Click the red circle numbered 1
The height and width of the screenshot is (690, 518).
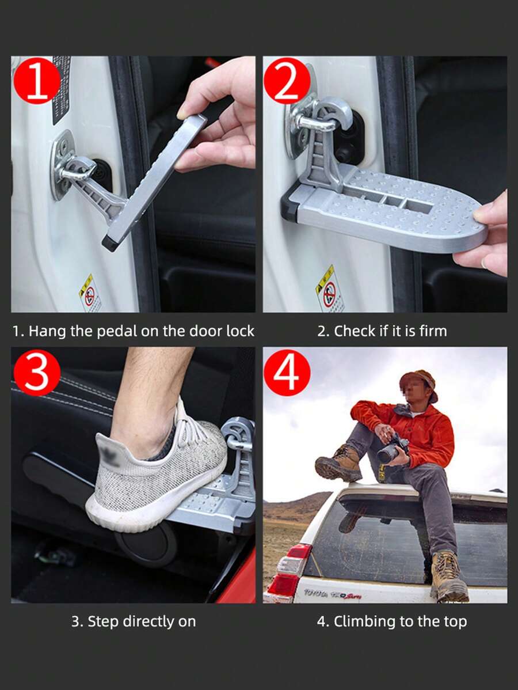[36, 81]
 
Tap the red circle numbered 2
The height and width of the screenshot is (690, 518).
[287, 81]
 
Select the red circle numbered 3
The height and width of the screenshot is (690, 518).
[36, 373]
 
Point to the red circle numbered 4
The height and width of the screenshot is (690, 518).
[287, 373]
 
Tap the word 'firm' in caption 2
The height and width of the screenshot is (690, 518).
[433, 331]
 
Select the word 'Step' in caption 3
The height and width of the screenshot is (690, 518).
[101, 621]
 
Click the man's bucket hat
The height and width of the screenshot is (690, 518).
[419, 380]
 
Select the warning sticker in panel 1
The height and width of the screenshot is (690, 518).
[90, 294]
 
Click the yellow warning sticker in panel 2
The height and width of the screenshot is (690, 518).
[329, 289]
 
